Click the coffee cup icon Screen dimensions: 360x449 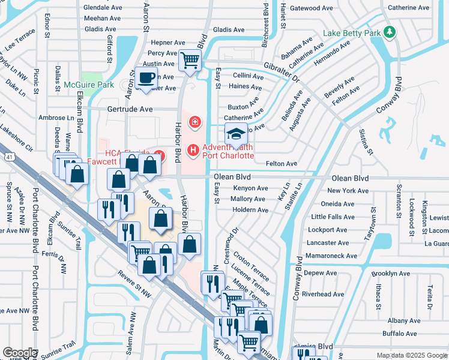146,77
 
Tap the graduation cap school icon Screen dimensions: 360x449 237,134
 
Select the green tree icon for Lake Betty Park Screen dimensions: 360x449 391,32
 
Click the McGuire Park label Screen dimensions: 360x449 89,85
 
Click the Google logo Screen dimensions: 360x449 20,353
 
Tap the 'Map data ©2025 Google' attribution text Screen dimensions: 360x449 411,355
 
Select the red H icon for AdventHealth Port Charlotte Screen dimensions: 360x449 193,149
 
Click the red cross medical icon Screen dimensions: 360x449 194,123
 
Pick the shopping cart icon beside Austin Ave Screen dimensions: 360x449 190,59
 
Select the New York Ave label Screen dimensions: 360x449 348,190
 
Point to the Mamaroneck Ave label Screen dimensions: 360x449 327,256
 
